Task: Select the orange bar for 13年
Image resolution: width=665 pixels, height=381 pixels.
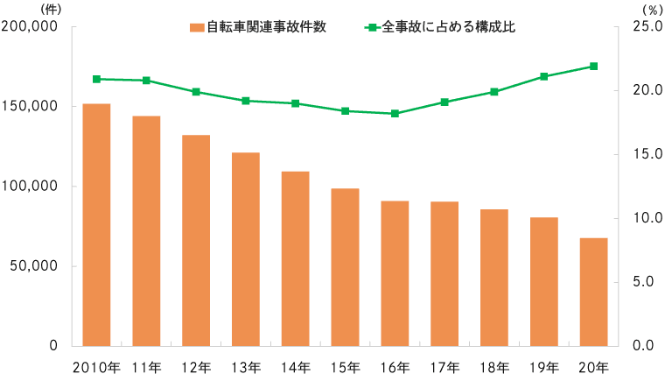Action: pyautogui.click(x=246, y=249)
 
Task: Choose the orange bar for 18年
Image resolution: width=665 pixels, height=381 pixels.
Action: pyautogui.click(x=494, y=277)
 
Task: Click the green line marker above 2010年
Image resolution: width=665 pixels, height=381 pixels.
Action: pyautogui.click(x=96, y=79)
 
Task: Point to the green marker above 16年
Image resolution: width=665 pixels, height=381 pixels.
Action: pyautogui.click(x=395, y=113)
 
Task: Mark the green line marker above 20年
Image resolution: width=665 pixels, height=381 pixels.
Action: pyautogui.click(x=593, y=66)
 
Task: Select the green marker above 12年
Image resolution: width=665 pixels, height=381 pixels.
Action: pyautogui.click(x=196, y=91)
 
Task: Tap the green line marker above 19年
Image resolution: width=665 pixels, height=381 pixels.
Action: pyautogui.click(x=543, y=76)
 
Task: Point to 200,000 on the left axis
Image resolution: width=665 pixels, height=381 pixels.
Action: pyautogui.click(x=31, y=27)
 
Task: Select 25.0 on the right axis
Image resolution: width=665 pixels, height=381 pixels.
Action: pyautogui.click(x=643, y=27)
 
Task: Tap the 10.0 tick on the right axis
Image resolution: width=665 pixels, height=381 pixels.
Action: pyautogui.click(x=643, y=218)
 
